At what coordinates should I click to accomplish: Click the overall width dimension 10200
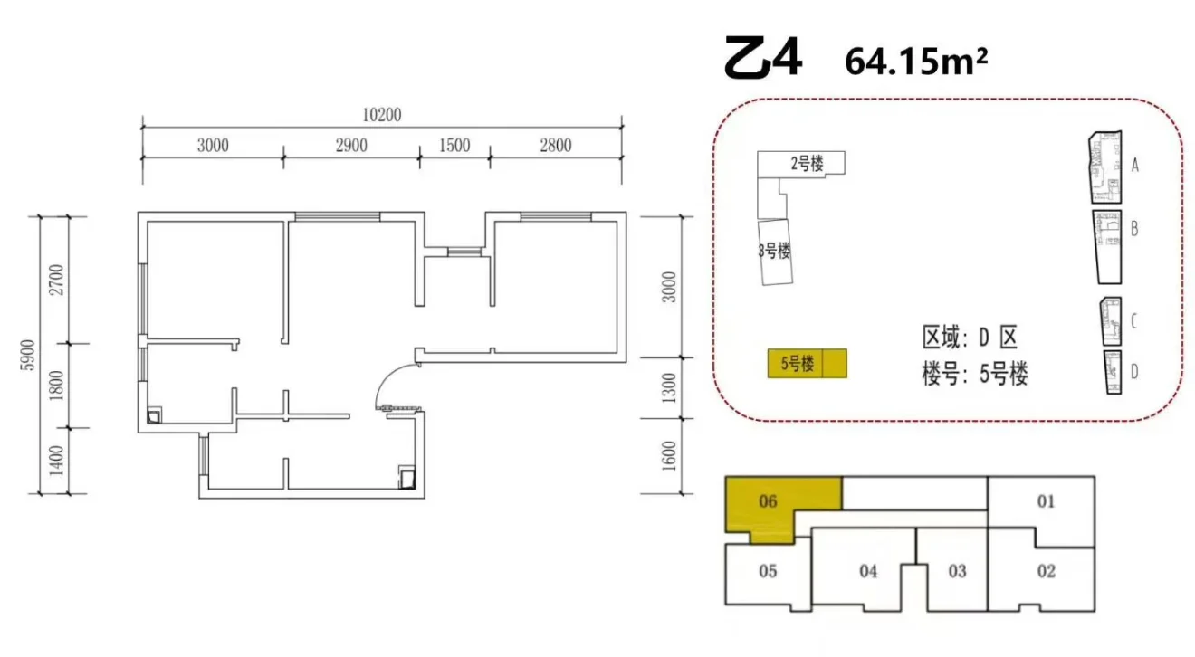coord(381,115)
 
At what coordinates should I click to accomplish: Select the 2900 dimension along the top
coord(351,145)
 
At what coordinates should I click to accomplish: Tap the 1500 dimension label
coord(454,145)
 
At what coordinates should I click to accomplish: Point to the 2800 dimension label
coord(555,145)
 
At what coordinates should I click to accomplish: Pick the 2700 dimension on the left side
coord(56,280)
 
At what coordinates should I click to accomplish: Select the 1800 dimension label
coord(56,386)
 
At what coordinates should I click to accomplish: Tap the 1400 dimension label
coord(56,461)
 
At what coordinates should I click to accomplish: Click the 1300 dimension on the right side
coord(668,387)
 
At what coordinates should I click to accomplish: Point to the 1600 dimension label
coord(668,456)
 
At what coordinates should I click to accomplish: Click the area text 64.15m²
coord(916,62)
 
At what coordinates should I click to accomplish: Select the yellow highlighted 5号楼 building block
coord(808,364)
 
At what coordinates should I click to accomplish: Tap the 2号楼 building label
coord(808,163)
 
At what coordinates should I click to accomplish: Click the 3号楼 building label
coord(775,250)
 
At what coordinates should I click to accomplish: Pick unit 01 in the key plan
coord(1046,501)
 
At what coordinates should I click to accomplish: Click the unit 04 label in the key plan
coord(868,572)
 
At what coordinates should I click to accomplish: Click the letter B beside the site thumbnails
coord(1134,229)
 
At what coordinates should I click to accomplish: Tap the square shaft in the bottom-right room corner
coord(407,478)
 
